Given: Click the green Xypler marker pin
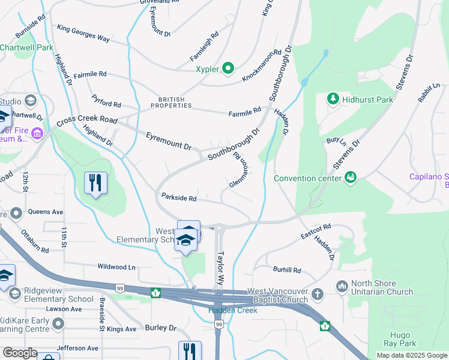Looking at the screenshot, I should point(228,69).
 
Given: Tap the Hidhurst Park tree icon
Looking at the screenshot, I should point(333,98).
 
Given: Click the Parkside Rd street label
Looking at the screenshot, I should point(179,197).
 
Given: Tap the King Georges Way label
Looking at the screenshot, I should point(83,34).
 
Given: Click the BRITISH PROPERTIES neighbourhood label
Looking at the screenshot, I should point(175,103).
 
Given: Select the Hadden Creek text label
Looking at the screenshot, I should point(233,310).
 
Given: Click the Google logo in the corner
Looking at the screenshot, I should point(20,352).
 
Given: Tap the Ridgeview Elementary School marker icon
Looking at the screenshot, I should point(14,294).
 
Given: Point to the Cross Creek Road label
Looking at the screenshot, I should point(86,121).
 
